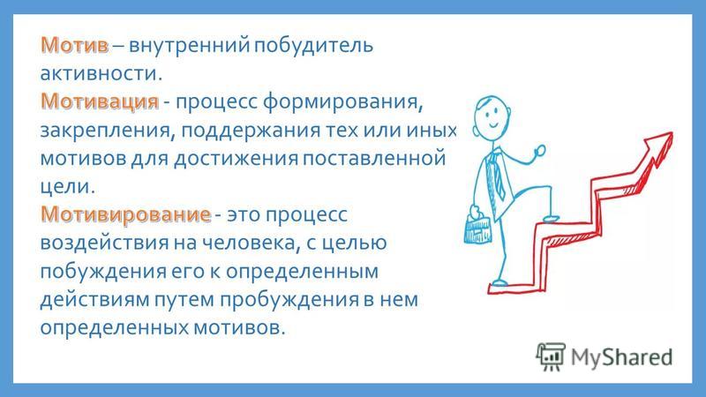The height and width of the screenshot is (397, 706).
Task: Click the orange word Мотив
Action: point(75,45)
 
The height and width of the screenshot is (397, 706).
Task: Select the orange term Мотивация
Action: point(100,101)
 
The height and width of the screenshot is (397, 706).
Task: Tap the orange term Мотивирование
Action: point(125,213)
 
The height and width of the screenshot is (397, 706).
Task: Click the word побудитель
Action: point(313,46)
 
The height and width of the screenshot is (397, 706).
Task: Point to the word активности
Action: point(101,73)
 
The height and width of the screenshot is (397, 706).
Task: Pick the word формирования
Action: point(342,102)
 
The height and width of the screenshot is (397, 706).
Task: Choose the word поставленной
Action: point(374,158)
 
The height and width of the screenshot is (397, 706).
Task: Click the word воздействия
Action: point(104,243)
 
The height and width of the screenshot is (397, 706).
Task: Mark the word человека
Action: point(251,243)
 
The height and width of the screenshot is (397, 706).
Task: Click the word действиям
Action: point(94,300)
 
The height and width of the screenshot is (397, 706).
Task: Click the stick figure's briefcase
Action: point(477,228)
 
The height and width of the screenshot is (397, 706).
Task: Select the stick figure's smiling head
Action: point(492,116)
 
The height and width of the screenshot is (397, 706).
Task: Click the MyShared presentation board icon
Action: point(550,356)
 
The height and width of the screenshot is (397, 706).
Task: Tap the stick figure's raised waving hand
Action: point(540,151)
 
